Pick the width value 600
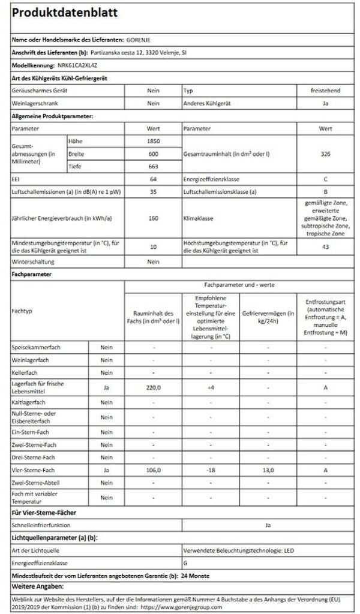[x=153, y=153]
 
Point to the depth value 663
[x=153, y=166]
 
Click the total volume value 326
[x=325, y=153]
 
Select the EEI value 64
[x=153, y=179]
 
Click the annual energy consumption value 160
[x=153, y=219]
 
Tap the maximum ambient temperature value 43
[x=325, y=246]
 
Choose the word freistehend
[x=325, y=90]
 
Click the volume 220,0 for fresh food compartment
[x=153, y=388]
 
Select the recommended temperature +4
[x=210, y=388]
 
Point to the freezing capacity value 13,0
[x=268, y=470]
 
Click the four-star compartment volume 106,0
[x=153, y=470]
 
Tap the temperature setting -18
[x=210, y=470]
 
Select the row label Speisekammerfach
[x=36, y=347]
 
